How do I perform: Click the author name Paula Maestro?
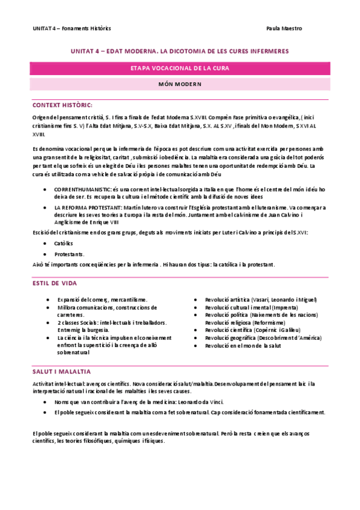[284, 28]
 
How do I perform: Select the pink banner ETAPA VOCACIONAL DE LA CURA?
[180, 69]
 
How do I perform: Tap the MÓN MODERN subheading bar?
[180, 84]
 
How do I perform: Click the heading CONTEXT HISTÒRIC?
[62, 104]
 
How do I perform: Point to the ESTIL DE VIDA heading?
[58, 283]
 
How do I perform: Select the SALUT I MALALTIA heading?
[61, 372]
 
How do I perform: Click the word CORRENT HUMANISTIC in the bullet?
[82, 189]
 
